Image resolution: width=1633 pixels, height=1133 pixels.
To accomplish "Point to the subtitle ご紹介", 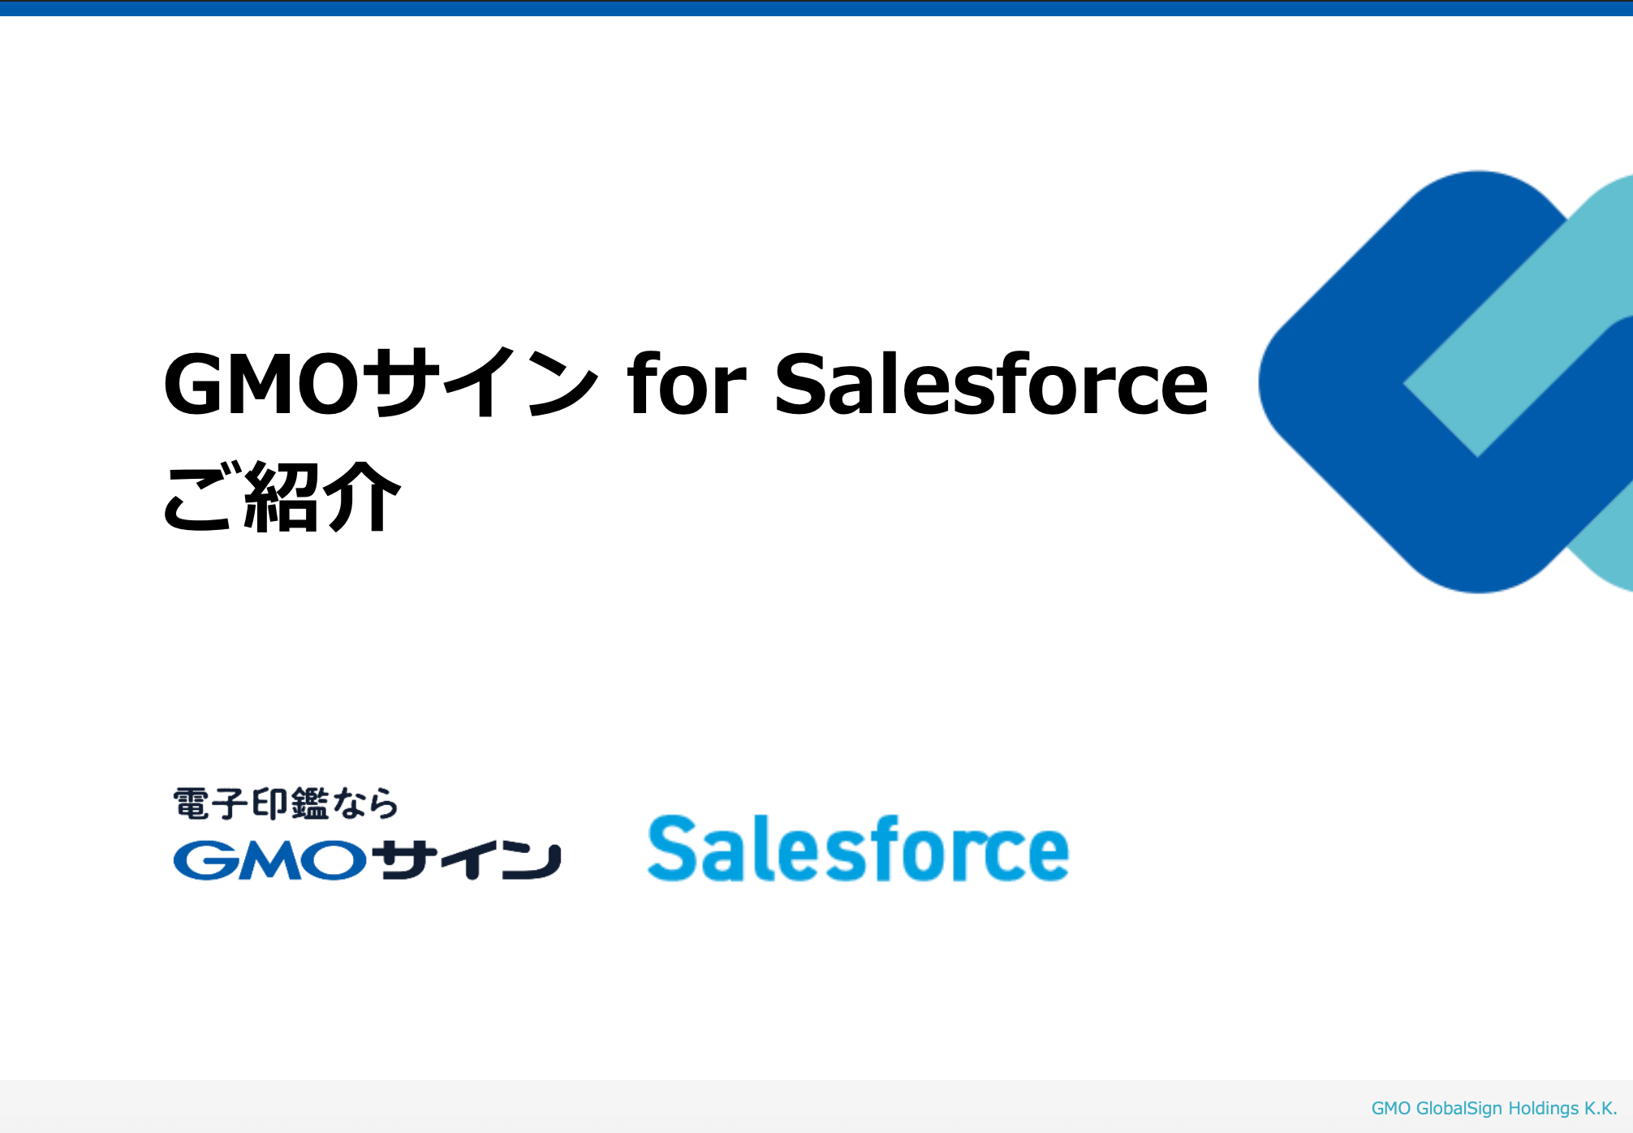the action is tap(282, 496).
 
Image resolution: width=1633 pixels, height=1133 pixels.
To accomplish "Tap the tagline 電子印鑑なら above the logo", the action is tap(286, 803).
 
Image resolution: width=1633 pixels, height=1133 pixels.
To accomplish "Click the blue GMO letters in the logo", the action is tap(270, 860).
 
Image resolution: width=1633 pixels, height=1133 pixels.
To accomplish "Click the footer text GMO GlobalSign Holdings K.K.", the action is tap(1494, 1109).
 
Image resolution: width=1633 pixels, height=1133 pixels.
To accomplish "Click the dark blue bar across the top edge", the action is tap(816, 8).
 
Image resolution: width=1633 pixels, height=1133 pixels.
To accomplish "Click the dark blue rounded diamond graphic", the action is tap(1331, 381).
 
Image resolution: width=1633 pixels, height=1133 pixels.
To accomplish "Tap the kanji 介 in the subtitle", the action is tap(362, 496).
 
